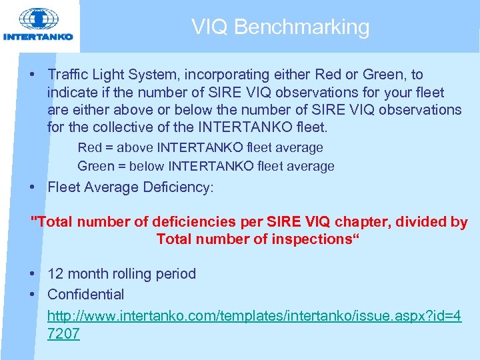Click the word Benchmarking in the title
(x=302, y=27)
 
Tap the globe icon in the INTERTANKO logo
(x=39, y=19)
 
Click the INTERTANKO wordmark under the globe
(x=39, y=37)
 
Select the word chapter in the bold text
(x=366, y=222)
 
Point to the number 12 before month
(x=55, y=274)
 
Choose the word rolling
(x=130, y=274)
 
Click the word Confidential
(x=85, y=294)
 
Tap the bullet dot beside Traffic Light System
(x=33, y=75)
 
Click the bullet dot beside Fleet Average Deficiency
(x=33, y=188)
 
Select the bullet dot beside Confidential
(x=33, y=295)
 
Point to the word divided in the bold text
(x=422, y=222)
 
